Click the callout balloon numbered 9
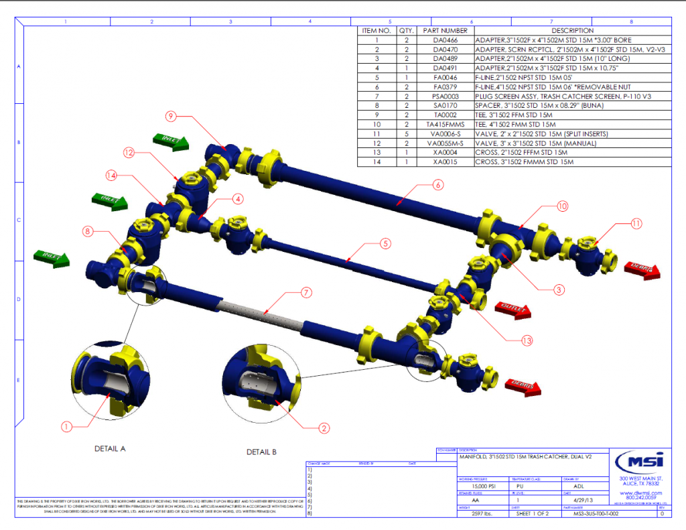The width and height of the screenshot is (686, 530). pos(171,116)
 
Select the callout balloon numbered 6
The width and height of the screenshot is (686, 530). pos(436,184)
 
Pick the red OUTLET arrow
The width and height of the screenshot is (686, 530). pos(512,310)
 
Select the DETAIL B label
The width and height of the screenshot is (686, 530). pos(261,452)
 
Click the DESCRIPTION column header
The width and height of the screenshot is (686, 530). pos(572,31)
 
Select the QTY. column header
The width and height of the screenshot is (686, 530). pos(406,31)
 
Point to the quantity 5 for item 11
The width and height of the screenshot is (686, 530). pos(406,134)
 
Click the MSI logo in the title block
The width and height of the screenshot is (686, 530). pos(640,462)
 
